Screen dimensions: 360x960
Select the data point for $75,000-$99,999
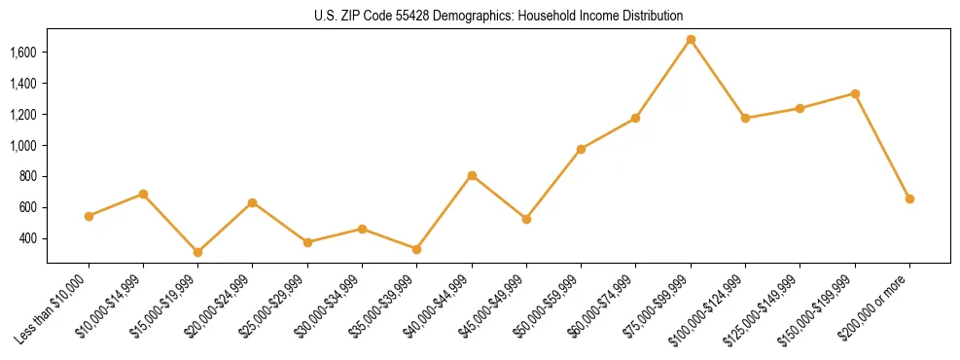tap(691, 40)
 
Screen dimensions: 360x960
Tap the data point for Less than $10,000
tap(89, 216)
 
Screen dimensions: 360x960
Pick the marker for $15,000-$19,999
tap(197, 252)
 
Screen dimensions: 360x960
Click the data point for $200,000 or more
tap(909, 198)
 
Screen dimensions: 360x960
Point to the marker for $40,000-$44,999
tap(472, 175)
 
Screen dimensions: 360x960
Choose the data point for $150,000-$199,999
tap(855, 93)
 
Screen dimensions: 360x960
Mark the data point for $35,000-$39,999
tap(416, 249)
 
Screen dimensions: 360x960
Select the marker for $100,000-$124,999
tap(745, 118)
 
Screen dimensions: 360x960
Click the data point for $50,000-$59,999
tap(581, 149)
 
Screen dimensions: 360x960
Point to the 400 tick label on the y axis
tap(28, 238)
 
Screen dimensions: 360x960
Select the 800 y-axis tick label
tap(28, 177)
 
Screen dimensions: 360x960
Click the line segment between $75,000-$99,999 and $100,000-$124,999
tap(718, 79)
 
